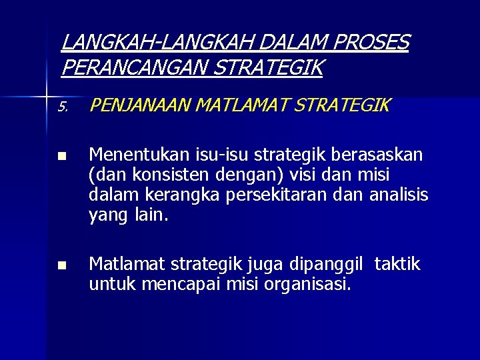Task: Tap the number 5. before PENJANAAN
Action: (x=63, y=107)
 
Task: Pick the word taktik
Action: (x=397, y=265)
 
